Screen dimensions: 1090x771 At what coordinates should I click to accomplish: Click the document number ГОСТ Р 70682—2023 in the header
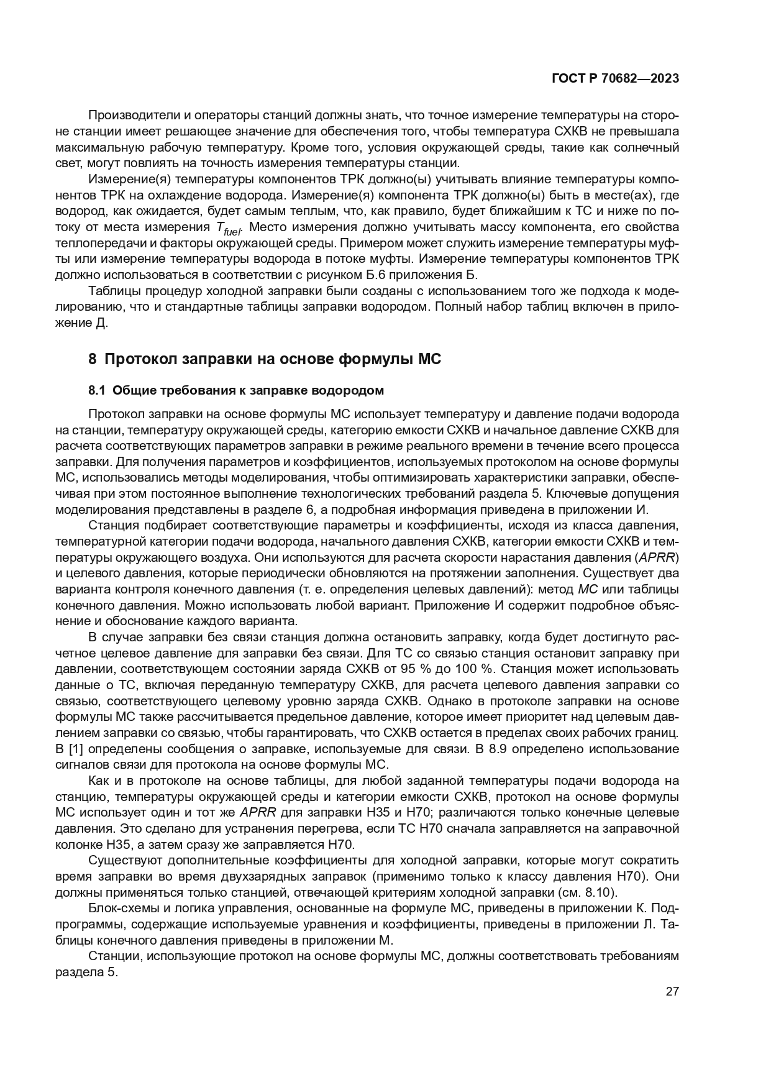(615, 79)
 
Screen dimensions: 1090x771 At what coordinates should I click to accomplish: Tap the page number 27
(672, 991)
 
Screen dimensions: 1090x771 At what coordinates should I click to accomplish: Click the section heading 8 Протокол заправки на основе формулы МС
(265, 359)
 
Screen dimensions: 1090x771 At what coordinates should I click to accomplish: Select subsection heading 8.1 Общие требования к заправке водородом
(236, 390)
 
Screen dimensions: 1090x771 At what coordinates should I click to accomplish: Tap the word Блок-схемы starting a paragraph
(121, 909)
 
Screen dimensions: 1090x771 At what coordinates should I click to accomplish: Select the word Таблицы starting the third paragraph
(112, 291)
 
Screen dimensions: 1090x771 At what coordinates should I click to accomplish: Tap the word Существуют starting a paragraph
(125, 861)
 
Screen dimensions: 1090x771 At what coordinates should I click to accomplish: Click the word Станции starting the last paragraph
(113, 956)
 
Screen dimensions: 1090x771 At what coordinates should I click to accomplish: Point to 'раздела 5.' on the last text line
(86, 972)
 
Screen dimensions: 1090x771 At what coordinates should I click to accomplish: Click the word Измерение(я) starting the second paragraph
(127, 180)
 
